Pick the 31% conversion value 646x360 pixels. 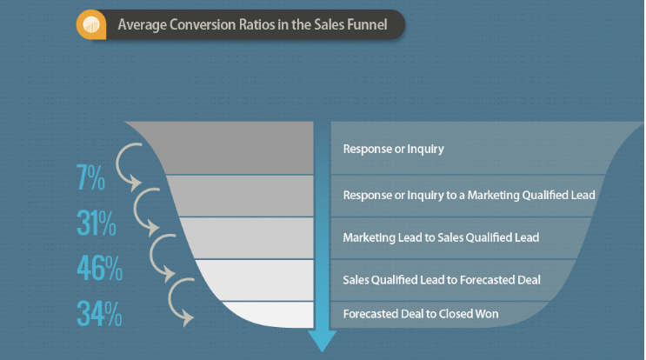(96, 224)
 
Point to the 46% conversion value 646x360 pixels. (98, 269)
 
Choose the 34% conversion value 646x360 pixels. (98, 312)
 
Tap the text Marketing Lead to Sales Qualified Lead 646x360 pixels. (441, 237)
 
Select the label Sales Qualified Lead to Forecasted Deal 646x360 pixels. (442, 279)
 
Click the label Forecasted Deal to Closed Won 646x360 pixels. (421, 313)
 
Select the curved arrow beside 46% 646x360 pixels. (165, 256)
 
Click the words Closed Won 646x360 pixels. (475, 313)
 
